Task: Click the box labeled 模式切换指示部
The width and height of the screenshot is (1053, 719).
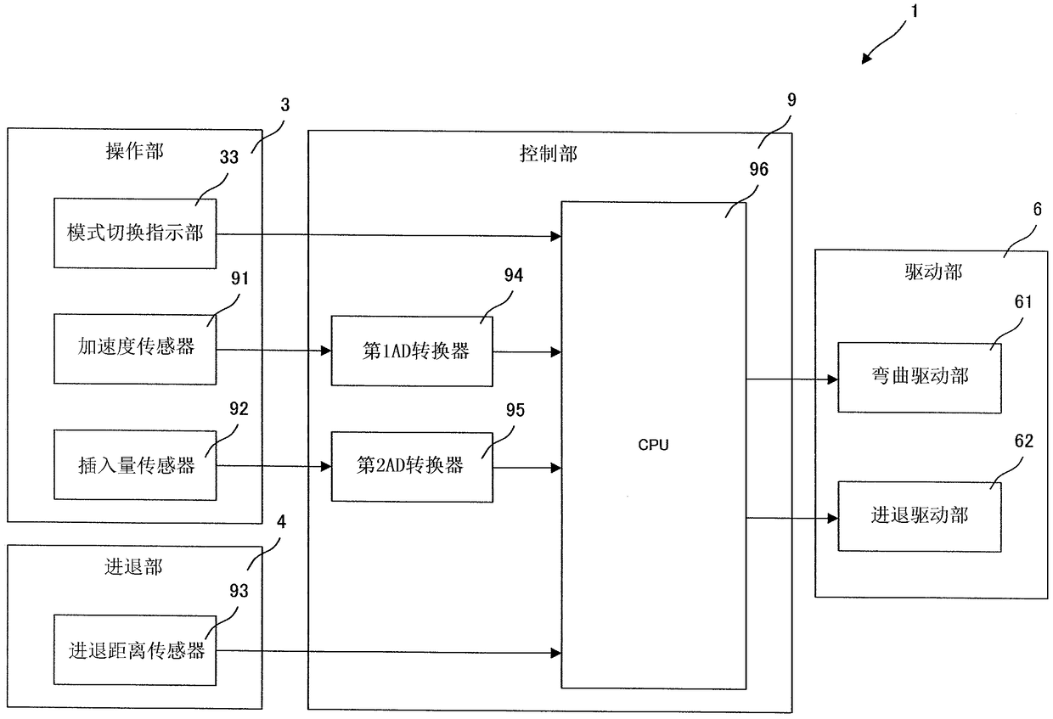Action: coord(135,233)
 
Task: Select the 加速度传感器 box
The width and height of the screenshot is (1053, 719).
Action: coord(135,349)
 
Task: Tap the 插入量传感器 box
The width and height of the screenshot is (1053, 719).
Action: coord(135,465)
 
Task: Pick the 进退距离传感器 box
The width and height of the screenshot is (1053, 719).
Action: coord(135,650)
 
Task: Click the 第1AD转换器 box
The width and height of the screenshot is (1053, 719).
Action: coord(412,351)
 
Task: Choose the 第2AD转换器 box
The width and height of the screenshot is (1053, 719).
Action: coord(412,467)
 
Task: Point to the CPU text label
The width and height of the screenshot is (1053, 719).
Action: coord(653,445)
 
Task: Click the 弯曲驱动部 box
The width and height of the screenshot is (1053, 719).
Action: coord(920,378)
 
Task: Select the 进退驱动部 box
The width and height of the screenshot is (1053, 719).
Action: coord(920,516)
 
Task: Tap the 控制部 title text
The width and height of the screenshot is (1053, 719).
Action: coord(548,154)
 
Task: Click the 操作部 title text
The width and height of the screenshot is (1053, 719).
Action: coord(134,151)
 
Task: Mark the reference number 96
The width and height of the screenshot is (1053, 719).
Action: coord(758,169)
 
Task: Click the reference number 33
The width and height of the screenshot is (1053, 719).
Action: coord(229,157)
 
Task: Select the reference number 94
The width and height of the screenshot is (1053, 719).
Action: coord(513,275)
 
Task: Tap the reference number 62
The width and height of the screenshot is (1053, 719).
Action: coord(1024,441)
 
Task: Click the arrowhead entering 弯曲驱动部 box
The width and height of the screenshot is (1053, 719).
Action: coord(832,379)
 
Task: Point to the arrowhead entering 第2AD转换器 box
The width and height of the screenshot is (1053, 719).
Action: coord(326,466)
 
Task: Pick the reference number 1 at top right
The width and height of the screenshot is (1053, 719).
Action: coord(915,11)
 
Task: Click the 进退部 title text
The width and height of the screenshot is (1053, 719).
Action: coord(133,567)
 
